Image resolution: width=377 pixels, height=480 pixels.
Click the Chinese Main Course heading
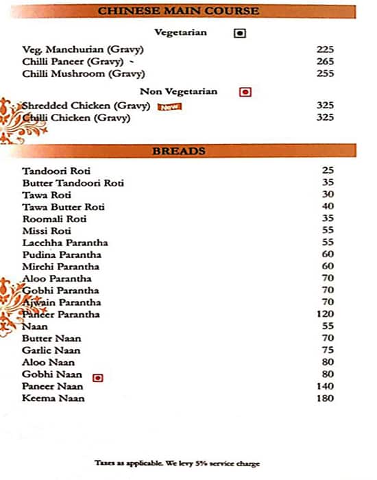[179, 11]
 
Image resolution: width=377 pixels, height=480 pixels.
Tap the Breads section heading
[179, 151]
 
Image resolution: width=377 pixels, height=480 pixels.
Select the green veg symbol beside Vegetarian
[239, 33]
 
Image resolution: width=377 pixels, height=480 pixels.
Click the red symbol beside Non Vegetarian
[245, 92]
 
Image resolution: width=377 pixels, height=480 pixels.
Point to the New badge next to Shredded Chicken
[169, 106]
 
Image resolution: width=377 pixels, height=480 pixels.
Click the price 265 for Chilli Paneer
[325, 62]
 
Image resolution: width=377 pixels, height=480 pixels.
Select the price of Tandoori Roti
[328, 171]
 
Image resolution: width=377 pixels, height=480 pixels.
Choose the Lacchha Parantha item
[64, 243]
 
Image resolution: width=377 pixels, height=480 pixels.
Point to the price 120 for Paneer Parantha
[325, 315]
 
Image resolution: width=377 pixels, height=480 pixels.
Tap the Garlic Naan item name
[51, 350]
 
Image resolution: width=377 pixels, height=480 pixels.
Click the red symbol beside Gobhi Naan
[97, 376]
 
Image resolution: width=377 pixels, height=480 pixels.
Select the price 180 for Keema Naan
[325, 398]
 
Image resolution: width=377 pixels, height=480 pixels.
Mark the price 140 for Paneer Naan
[325, 387]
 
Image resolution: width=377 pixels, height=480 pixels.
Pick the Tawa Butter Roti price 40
[328, 206]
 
